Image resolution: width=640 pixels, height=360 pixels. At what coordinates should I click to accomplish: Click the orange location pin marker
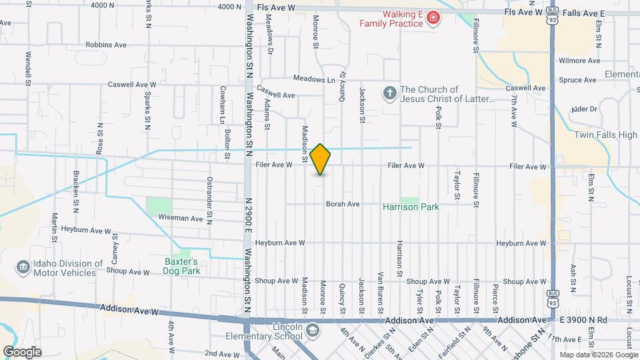tap(321, 159)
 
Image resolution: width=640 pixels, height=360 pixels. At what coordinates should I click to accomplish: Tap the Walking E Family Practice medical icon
tap(434, 18)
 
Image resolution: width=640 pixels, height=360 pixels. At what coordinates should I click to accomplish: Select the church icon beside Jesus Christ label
tap(390, 93)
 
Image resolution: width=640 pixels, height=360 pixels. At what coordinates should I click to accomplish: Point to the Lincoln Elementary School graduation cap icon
tap(311, 331)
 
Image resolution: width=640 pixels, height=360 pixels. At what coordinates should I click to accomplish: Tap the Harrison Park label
tap(411, 207)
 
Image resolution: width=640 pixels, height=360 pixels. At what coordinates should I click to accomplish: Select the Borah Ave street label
tap(343, 204)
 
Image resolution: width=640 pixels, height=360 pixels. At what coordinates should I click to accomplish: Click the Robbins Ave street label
tap(106, 45)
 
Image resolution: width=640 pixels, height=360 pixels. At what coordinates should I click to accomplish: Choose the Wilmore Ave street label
tap(577, 61)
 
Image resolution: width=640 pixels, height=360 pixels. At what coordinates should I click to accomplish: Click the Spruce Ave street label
tap(577, 80)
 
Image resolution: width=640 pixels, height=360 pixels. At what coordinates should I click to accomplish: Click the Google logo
tap(22, 351)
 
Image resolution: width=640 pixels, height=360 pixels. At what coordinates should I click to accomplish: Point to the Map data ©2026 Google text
tap(598, 355)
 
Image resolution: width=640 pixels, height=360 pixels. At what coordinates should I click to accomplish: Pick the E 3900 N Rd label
tap(583, 320)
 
